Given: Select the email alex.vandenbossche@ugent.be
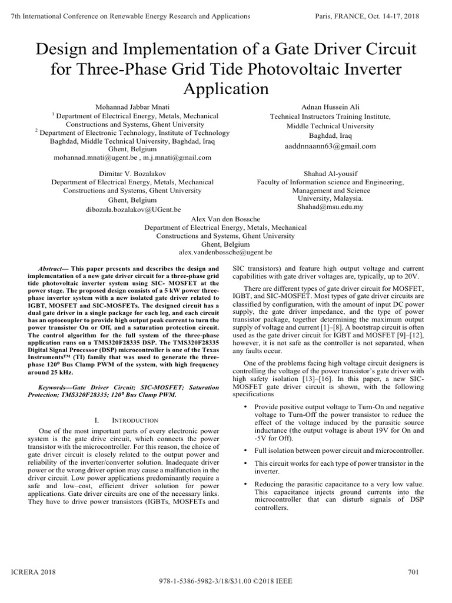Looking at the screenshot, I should [225, 252].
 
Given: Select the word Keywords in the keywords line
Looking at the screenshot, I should [56, 389].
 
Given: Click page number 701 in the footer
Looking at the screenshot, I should [413, 572].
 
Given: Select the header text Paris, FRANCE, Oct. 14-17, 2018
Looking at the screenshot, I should [368, 16].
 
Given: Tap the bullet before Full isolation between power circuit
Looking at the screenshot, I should [245, 450].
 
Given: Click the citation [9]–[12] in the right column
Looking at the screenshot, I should [407, 334].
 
